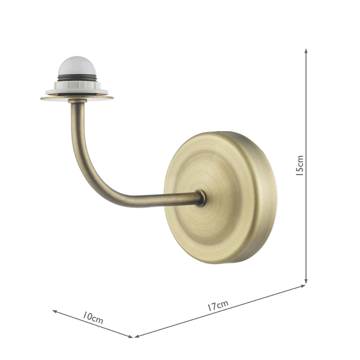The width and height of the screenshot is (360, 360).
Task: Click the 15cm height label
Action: [x=300, y=166]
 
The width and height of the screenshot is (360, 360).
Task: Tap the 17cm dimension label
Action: [x=218, y=306]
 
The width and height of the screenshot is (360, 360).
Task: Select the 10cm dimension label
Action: [x=93, y=317]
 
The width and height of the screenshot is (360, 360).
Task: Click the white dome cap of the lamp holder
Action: [x=77, y=67]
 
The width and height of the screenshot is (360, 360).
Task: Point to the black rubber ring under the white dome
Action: [x=77, y=78]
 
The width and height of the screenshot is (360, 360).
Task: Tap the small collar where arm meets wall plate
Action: [x=200, y=198]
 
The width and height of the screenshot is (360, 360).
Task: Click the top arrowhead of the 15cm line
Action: [x=307, y=51]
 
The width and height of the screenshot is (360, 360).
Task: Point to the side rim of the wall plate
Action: [x=267, y=198]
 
